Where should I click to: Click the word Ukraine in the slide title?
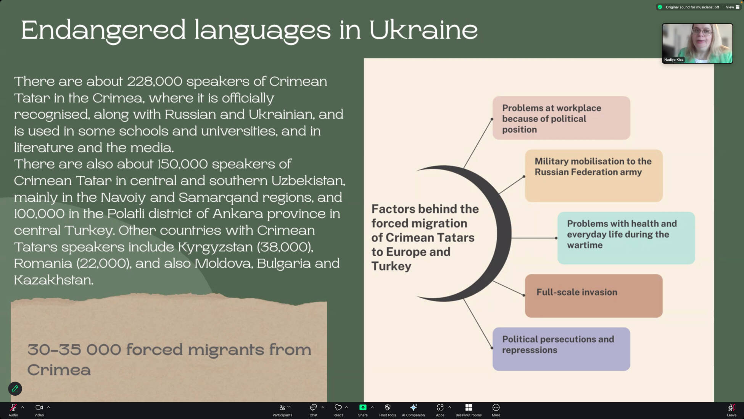pos(423,30)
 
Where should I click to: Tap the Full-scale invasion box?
pos(594,296)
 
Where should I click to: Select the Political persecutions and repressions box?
pos(561,349)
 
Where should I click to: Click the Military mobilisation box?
pos(594,176)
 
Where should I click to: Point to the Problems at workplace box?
pos(561,118)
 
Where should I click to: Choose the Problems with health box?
pos(626,238)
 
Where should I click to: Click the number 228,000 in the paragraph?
pos(155,81)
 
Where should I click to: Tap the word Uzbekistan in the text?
pos(308,181)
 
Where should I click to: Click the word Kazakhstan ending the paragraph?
pos(54,280)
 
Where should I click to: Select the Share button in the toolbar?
pos(363,410)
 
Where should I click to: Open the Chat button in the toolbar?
pos(313,410)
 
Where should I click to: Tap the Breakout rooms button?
pos(469,410)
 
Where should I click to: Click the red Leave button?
pos(731,410)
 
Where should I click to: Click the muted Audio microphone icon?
pos(13,408)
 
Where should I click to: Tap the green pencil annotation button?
pos(15,389)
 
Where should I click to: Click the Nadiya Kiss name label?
pos(674,60)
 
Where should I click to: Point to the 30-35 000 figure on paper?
pos(74,349)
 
